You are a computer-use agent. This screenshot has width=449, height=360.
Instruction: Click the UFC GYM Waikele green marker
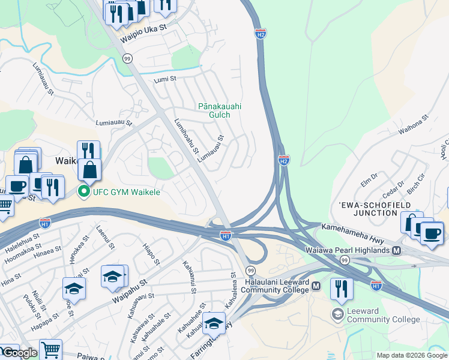tap(83, 192)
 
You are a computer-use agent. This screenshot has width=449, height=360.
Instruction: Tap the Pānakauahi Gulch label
tap(220, 110)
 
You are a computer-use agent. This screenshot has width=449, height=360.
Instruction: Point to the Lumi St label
tap(165, 79)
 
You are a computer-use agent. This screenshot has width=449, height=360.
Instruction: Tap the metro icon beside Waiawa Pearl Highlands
tap(396, 250)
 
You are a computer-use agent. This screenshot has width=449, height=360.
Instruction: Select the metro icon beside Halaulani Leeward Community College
tap(315, 287)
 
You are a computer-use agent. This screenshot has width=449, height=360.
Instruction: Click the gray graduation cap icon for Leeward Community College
tap(338, 314)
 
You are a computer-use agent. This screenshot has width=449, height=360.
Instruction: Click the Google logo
tap(20, 353)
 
